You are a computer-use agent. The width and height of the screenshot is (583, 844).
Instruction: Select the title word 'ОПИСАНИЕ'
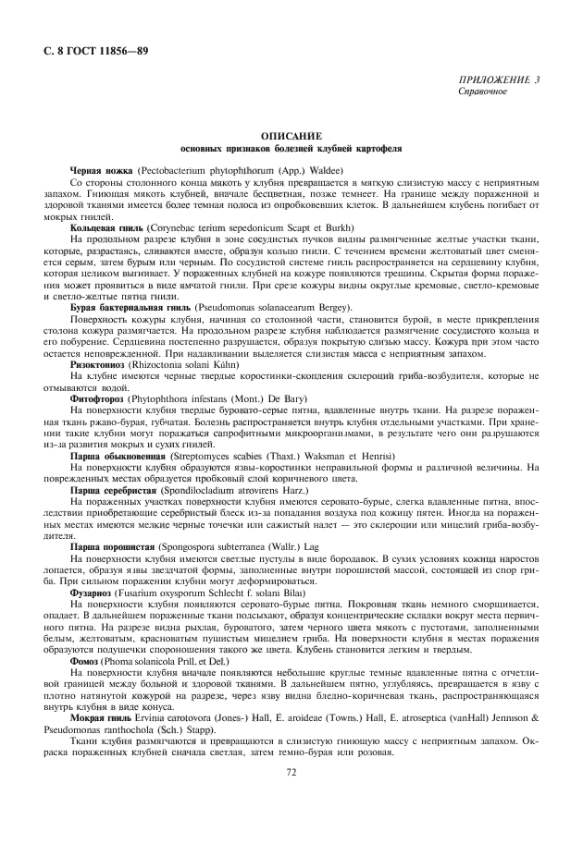tap(291, 136)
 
